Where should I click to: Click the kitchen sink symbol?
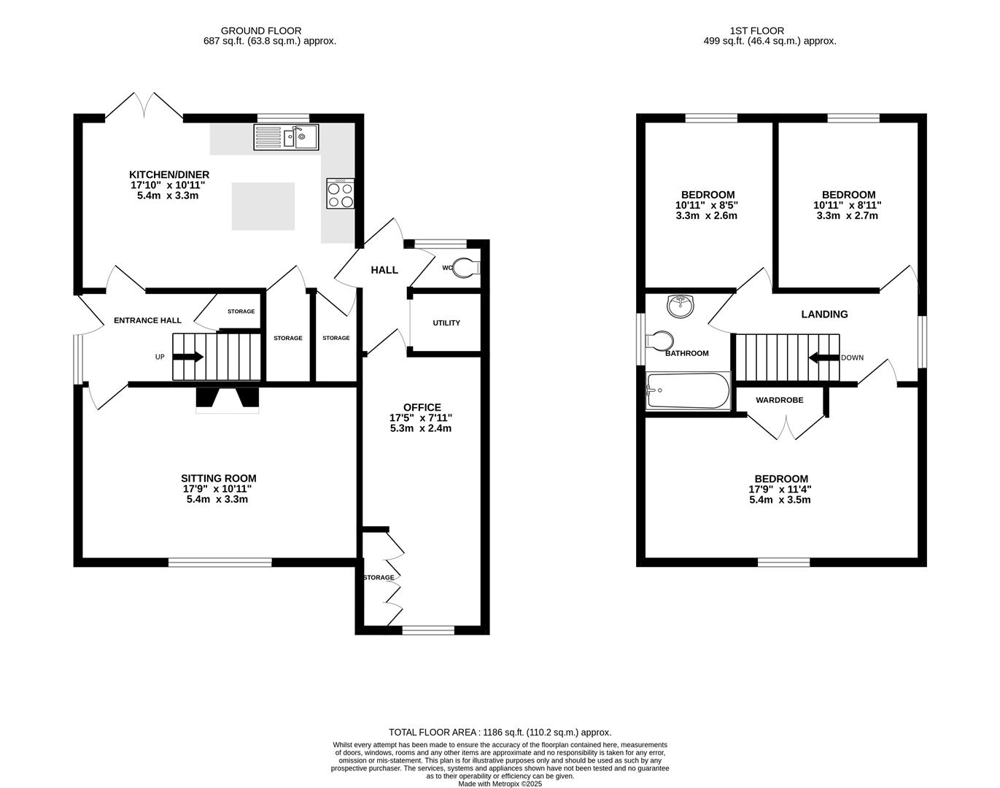coord(287,137)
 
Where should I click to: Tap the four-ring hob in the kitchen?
coord(340,194)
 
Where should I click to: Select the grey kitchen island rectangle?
coord(263,206)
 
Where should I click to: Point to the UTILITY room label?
coord(446,323)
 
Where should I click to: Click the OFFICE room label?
coord(422,407)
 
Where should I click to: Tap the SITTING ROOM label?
coord(219,479)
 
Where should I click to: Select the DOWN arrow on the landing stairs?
coord(823,358)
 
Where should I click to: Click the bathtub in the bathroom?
coord(687,391)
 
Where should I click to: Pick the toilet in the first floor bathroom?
coord(660,341)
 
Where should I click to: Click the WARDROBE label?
coord(779,401)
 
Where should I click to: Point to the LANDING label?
coord(824,314)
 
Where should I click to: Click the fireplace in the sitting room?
coord(227,398)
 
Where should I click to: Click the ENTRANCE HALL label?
coord(147,320)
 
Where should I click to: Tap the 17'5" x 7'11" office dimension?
coord(421,418)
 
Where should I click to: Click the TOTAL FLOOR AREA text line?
coord(500,732)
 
